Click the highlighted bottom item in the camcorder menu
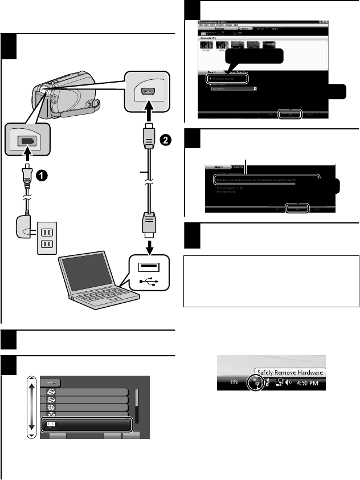tap(86, 425)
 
